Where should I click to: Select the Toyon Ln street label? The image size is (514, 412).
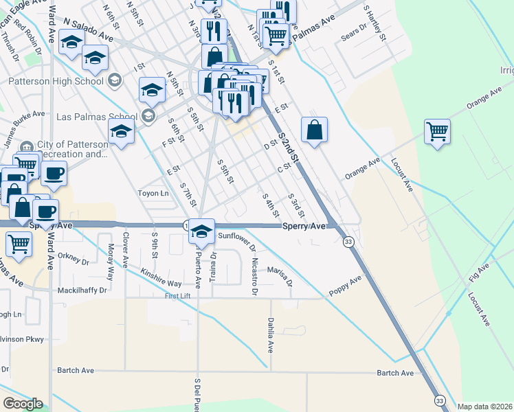pos(154,194)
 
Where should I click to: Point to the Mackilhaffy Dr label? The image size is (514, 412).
pos(83,290)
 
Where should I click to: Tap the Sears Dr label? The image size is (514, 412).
pos(354,32)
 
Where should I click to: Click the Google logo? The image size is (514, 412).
pos(23,404)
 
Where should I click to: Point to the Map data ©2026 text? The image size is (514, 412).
pos(484,407)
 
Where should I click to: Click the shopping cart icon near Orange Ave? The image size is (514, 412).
pos(437,130)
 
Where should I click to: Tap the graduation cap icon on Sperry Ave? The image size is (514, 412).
pos(201,230)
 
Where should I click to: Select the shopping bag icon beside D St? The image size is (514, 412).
pos(314,130)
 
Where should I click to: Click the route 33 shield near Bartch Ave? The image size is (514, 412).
pos(438,400)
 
